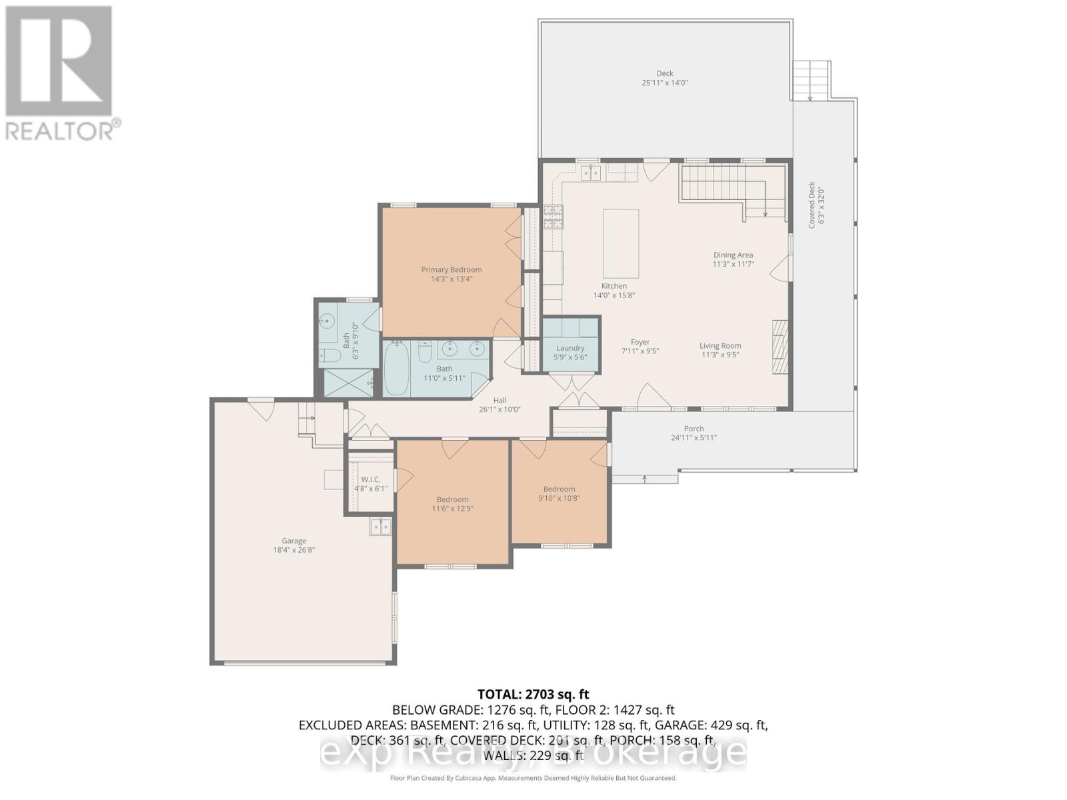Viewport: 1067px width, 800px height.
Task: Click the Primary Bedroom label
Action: [x=451, y=270]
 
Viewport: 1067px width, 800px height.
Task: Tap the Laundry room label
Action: [x=570, y=348]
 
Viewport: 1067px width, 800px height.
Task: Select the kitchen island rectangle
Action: [x=621, y=243]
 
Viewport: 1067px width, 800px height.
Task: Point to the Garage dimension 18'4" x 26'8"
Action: [x=293, y=551]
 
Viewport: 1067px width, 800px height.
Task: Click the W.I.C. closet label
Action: [x=370, y=479]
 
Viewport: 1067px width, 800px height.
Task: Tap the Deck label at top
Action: [x=664, y=73]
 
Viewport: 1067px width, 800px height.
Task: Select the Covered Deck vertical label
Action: [x=812, y=205]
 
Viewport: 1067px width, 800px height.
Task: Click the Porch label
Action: [x=694, y=429]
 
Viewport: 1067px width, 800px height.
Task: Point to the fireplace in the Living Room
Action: [x=780, y=349]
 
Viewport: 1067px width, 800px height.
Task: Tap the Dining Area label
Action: [x=733, y=255]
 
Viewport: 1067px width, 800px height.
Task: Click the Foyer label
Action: [x=640, y=342]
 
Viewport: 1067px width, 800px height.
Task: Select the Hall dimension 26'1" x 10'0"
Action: [x=499, y=410]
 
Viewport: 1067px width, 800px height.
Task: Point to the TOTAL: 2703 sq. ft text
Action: [x=533, y=695]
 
